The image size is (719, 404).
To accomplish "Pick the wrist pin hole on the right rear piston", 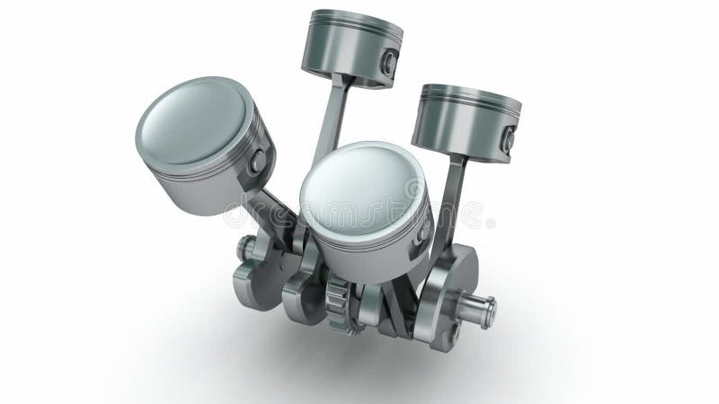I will pos(509,138).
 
